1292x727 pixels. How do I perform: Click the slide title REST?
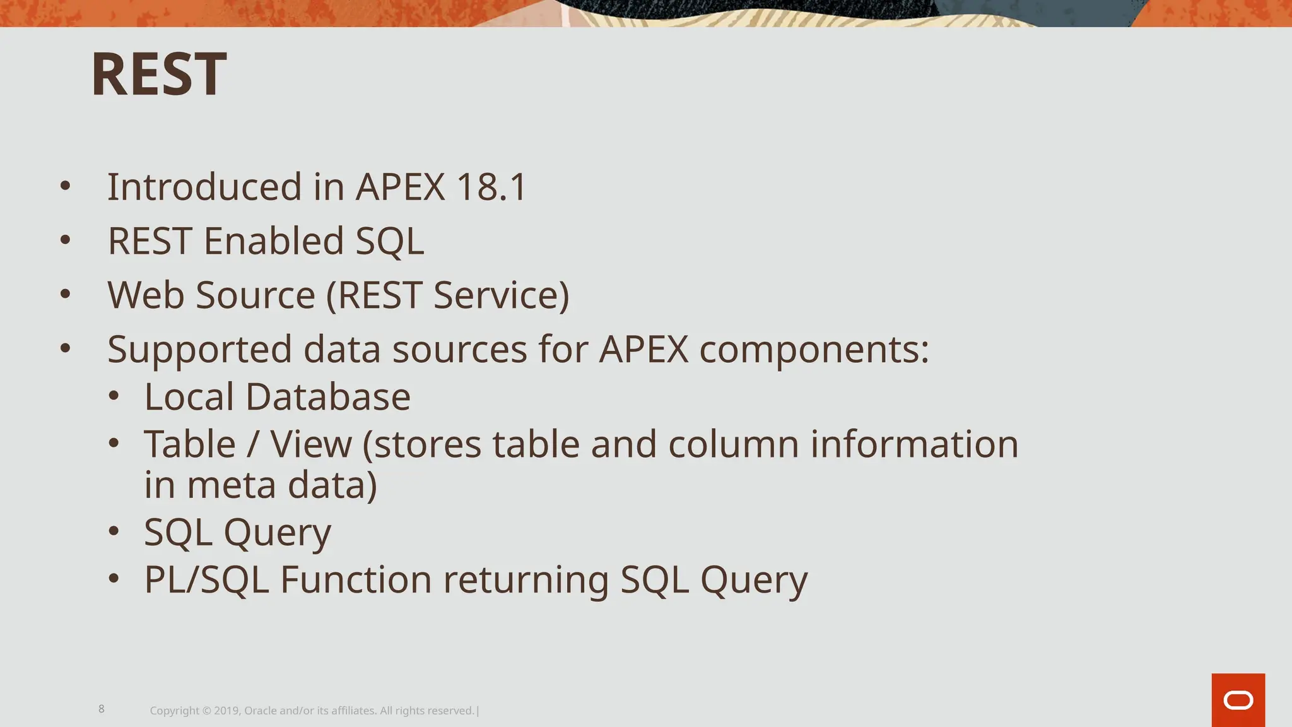point(158,74)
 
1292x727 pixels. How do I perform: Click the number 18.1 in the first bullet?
point(491,187)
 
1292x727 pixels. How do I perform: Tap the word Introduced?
point(204,187)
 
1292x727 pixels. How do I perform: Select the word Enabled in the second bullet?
point(274,241)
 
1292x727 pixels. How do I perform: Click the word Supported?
point(199,349)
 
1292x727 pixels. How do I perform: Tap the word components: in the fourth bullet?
point(814,349)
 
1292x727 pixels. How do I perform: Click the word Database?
point(327,396)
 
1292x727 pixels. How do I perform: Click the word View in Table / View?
point(311,444)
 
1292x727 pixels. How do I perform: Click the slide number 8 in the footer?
point(102,709)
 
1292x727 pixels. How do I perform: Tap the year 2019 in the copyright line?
point(225,711)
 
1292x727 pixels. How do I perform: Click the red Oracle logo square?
point(1238,700)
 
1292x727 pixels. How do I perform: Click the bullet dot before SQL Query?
point(114,531)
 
